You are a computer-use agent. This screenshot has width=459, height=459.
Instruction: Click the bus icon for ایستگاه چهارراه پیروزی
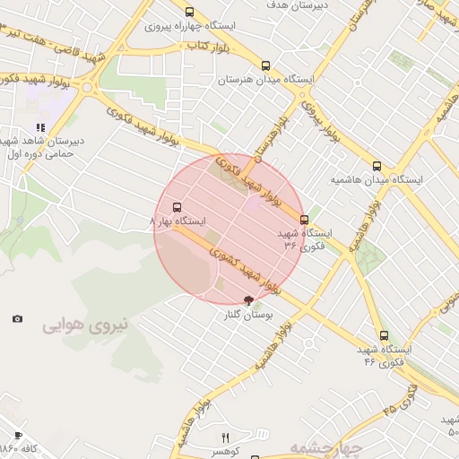[189, 12]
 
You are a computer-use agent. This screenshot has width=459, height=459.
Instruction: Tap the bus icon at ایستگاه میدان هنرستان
[265, 65]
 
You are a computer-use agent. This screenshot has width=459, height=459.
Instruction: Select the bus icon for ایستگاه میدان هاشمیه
[377, 166]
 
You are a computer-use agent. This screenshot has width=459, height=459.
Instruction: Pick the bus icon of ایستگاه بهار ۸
[176, 205]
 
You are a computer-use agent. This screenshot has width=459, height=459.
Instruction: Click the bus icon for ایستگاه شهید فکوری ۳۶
[304, 219]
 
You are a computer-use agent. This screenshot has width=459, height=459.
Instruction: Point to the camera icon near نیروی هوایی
[17, 318]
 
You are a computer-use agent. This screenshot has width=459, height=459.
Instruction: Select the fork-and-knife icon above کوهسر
[225, 437]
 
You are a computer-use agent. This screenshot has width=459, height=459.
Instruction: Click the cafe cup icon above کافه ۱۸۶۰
[18, 435]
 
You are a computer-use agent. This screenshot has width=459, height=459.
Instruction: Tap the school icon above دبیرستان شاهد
[40, 127]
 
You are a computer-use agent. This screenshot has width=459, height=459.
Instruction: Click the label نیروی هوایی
[85, 325]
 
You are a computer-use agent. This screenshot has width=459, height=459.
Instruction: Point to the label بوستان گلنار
[251, 316]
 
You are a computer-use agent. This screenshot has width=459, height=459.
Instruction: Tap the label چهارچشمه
[325, 447]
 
